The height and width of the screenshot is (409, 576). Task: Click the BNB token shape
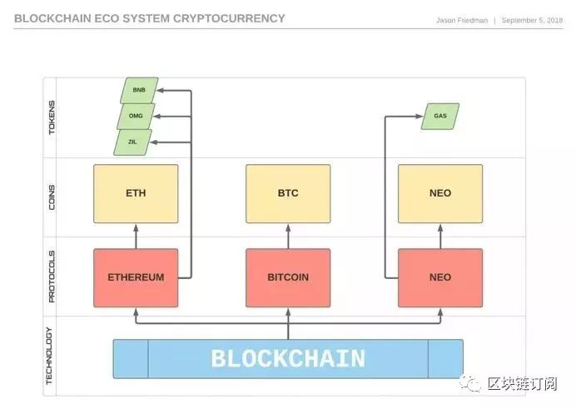coord(138,89)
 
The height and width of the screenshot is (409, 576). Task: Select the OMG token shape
coord(136,116)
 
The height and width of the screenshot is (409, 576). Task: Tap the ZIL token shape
coord(133,142)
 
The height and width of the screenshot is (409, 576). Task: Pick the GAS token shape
coord(440,116)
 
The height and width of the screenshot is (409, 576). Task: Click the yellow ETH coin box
coord(136,193)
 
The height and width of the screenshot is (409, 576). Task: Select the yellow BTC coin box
coord(288,193)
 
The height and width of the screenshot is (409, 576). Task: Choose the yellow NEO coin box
coord(440,193)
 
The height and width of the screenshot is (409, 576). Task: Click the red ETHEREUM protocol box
coord(136,277)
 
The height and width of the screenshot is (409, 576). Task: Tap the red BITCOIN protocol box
coord(288,277)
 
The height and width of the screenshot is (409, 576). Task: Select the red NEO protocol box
coord(440,277)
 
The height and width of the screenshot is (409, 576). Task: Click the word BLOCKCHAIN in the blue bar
coord(288,359)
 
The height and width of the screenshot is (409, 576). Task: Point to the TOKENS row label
coord(52,117)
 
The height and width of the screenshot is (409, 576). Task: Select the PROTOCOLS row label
coord(52,276)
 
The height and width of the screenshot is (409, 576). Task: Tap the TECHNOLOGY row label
coord(52,356)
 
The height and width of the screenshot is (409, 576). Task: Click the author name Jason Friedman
coord(461,20)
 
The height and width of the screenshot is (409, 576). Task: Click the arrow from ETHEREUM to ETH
coord(136,236)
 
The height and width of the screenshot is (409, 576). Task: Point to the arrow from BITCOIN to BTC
coord(288,236)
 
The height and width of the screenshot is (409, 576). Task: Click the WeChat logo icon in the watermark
coord(474,384)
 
